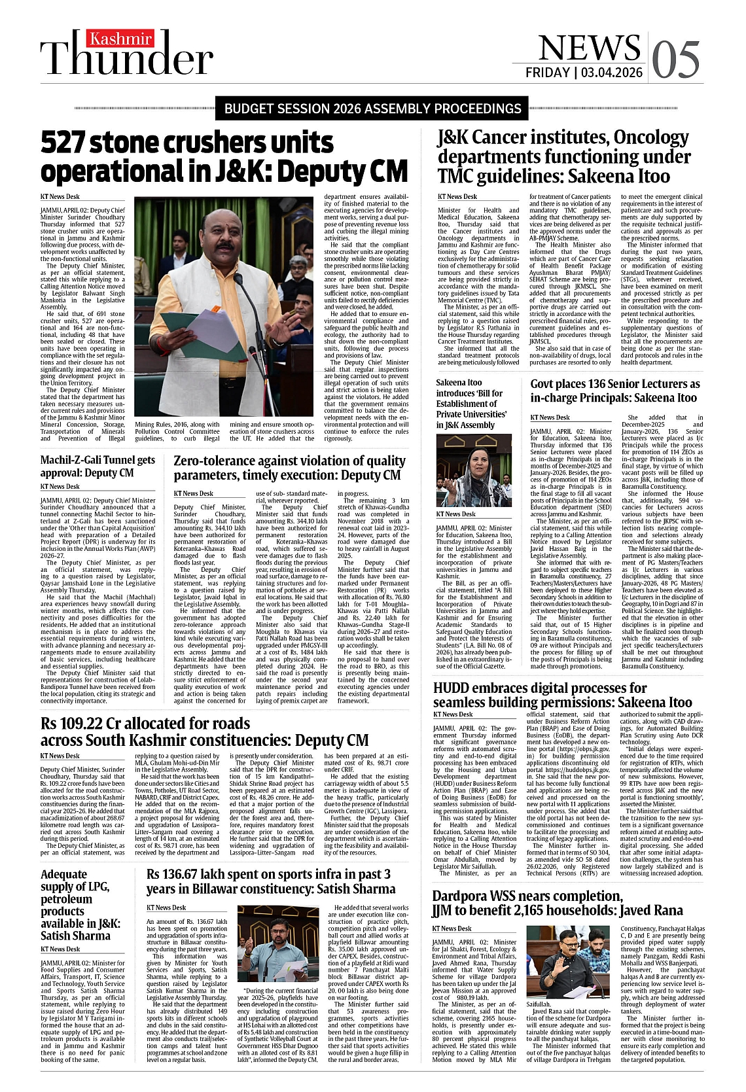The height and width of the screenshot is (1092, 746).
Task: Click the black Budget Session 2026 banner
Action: tap(372, 109)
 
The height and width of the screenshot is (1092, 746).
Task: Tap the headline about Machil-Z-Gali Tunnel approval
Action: tap(98, 466)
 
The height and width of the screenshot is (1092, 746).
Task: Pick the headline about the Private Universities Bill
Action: tap(472, 404)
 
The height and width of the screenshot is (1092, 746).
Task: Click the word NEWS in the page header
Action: tap(589, 48)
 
